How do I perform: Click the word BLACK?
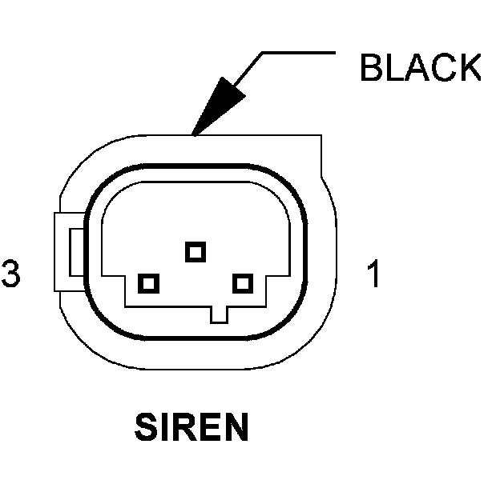click(420, 69)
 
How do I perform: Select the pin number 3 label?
click(10, 274)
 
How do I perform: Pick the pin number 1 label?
click(372, 274)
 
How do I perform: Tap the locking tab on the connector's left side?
click(67, 252)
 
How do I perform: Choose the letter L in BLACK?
click(393, 69)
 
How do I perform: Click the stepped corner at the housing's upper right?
click(321, 156)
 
